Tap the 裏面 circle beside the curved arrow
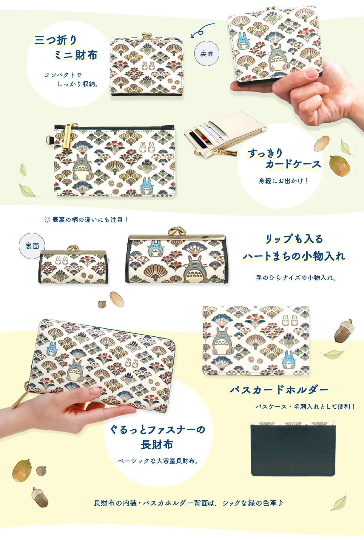(207, 53)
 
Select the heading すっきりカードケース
(284, 158)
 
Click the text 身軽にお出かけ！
(284, 181)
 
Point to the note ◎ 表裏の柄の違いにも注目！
(86, 220)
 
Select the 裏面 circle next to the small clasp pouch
(32, 246)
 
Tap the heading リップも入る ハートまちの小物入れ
(294, 247)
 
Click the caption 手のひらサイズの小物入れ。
(296, 278)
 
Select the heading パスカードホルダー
(279, 390)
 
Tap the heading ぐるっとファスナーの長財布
(158, 437)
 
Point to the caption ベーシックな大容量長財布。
(158, 461)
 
